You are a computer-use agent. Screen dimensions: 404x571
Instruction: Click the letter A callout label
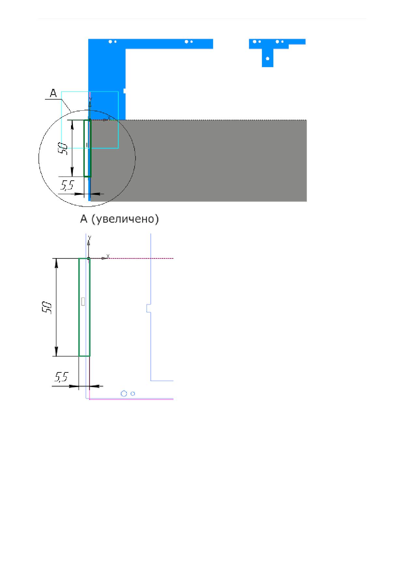tap(53, 94)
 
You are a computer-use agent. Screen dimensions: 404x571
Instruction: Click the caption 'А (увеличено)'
tap(120, 219)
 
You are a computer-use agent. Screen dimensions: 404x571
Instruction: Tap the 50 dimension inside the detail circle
tap(63, 148)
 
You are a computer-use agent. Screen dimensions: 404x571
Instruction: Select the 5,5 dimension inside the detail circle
tap(67, 186)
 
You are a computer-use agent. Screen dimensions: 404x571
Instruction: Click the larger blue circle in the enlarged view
tap(124, 394)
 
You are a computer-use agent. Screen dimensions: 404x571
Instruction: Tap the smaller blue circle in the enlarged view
tap(133, 394)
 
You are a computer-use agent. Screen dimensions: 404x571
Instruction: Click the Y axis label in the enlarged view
tap(90, 238)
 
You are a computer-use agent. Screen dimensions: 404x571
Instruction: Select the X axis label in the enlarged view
tap(108, 256)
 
